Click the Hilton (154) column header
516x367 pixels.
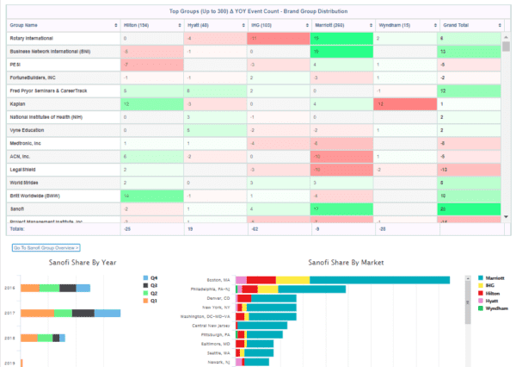pos(138,26)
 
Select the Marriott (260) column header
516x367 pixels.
pos(328,26)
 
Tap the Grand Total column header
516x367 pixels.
pos(457,26)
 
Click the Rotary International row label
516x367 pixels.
pos(33,39)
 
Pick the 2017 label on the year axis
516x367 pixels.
pos(9,314)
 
